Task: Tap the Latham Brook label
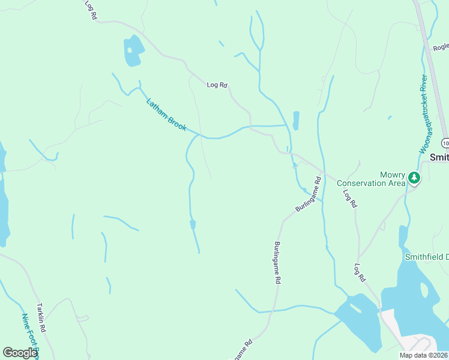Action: [166, 115]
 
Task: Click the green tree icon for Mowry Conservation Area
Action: [414, 178]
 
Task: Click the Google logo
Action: [20, 353]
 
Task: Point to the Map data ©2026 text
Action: [423, 355]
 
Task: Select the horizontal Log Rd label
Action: [217, 85]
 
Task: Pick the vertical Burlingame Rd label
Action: [277, 262]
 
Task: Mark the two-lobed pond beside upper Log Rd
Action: [133, 50]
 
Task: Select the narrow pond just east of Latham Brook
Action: [296, 120]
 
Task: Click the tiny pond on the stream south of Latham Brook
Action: [193, 224]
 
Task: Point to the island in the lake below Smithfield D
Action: [425, 290]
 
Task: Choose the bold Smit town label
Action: [439, 157]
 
